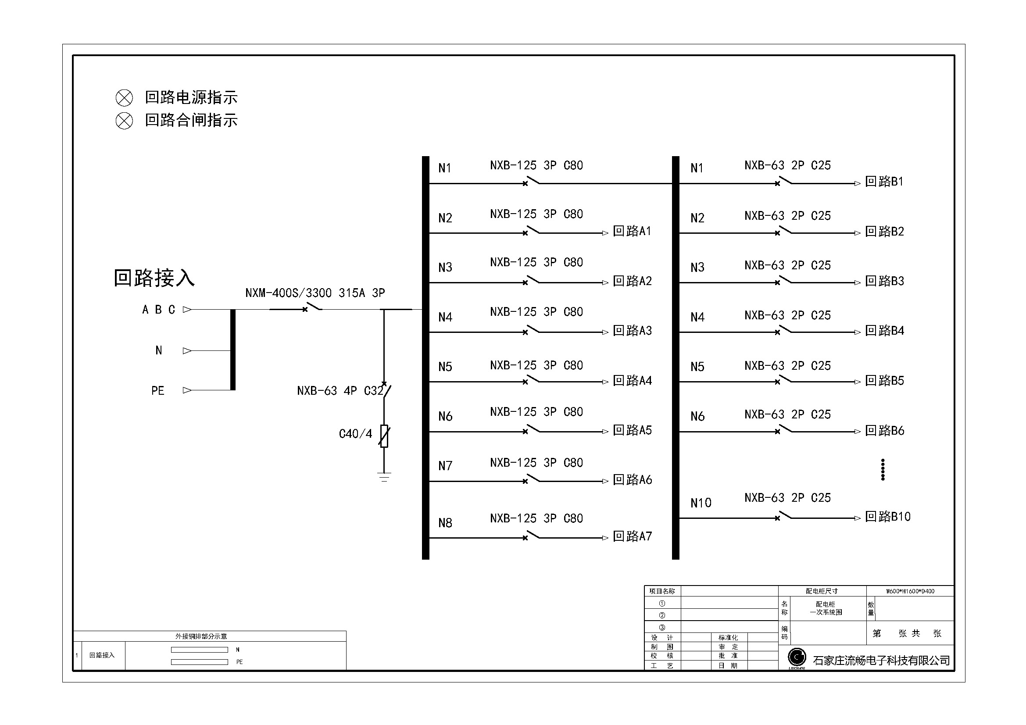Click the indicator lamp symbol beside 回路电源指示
(124, 98)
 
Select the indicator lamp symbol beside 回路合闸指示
(124, 121)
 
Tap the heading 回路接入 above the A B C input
(154, 278)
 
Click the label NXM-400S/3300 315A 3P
(315, 293)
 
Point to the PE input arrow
(187, 390)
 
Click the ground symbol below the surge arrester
(384, 477)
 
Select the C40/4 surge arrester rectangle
(384, 436)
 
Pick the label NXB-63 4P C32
(340, 391)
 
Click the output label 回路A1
(632, 232)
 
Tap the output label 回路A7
(632, 536)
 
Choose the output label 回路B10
(887, 517)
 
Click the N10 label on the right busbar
(700, 503)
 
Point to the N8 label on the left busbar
(445, 523)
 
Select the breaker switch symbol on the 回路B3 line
(784, 282)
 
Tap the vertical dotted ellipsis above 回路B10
(883, 469)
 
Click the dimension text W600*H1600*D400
(910, 591)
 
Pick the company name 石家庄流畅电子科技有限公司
(881, 660)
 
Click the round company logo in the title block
(797, 657)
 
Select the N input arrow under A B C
(187, 351)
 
